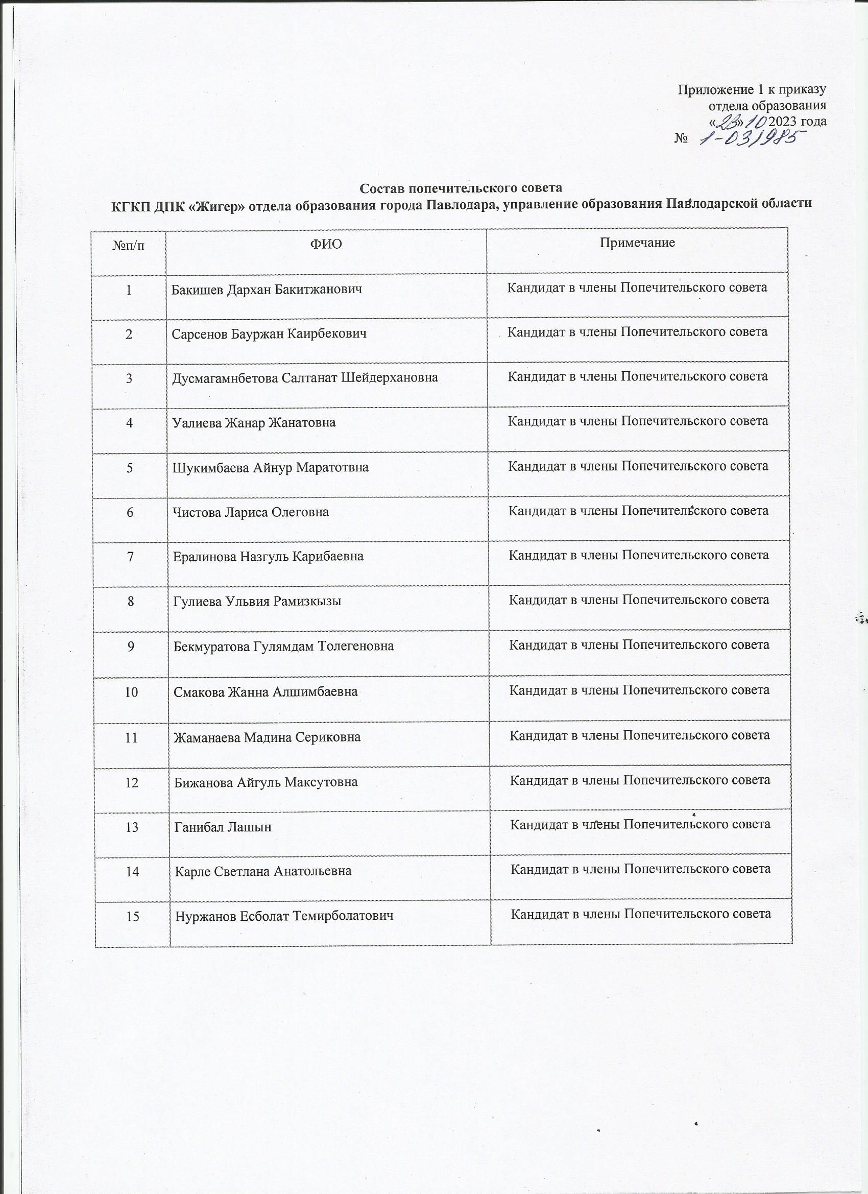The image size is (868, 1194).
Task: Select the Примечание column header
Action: pyautogui.click(x=637, y=243)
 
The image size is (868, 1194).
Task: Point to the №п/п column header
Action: pyautogui.click(x=129, y=245)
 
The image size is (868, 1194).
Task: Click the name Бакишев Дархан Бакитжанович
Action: pyautogui.click(x=267, y=290)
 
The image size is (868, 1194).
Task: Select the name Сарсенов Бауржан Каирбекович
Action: pyautogui.click(x=269, y=334)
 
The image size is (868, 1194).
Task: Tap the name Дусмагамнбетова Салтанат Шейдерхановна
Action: pyautogui.click(x=305, y=378)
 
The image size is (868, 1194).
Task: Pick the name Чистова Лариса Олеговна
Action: pyautogui.click(x=251, y=512)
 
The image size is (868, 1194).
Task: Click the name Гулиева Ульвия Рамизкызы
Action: pyautogui.click(x=257, y=601)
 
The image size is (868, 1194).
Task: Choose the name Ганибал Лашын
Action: pyautogui.click(x=223, y=827)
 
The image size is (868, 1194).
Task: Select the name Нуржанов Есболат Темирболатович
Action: pyautogui.click(x=284, y=917)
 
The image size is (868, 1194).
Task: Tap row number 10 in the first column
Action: pyautogui.click(x=131, y=691)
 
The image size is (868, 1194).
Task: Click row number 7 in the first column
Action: pyautogui.click(x=130, y=557)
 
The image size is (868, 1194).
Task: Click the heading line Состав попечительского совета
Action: pyautogui.click(x=461, y=188)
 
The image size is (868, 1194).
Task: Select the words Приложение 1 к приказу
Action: pyautogui.click(x=752, y=89)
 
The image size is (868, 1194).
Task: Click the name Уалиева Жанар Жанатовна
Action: pyautogui.click(x=254, y=423)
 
